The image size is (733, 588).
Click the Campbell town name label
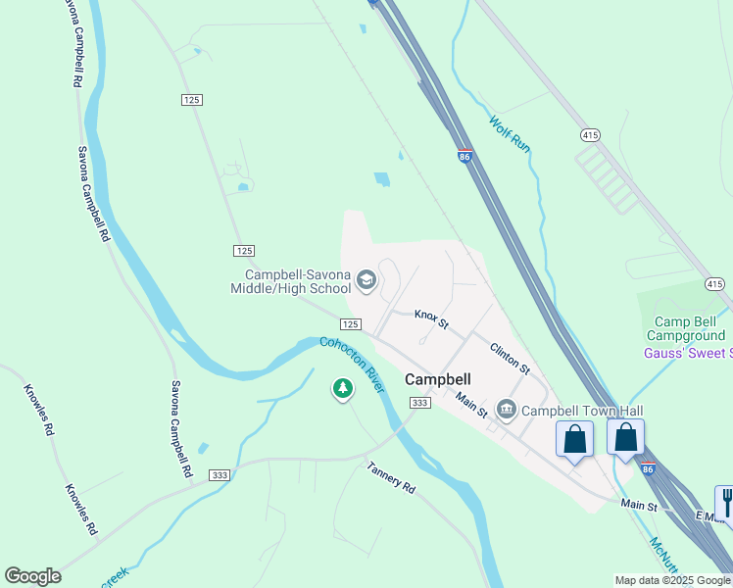coord(438,379)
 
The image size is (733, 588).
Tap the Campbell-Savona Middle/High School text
coord(290,282)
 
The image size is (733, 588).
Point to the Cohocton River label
coord(352,366)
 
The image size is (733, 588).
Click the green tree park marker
coord(342,390)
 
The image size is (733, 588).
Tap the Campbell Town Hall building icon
coord(506,409)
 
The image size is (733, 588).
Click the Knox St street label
coord(431,318)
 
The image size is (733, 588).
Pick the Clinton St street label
coord(510,358)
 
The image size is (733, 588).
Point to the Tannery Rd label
coord(392,477)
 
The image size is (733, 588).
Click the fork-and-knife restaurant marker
coord(726,502)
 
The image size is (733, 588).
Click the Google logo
coord(32,576)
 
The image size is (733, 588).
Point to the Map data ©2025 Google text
coord(672,580)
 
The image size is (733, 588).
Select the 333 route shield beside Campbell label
coord(420,403)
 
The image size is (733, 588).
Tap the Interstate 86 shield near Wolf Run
coord(464,156)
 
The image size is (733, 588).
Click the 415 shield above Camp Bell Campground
coord(714,284)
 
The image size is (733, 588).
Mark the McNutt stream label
coord(663,554)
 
